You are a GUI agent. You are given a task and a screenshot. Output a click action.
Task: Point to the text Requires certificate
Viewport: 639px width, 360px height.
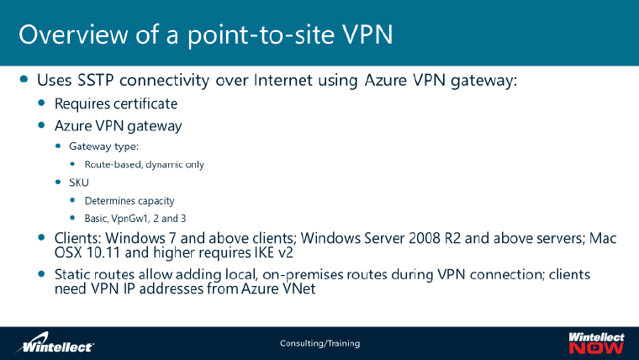(116, 104)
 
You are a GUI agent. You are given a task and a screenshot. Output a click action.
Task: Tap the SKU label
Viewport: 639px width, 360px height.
(79, 183)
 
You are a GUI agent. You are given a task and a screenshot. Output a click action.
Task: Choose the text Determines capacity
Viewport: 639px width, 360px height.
(129, 200)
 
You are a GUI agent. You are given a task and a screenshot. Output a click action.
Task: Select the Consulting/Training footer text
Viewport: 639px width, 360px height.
(319, 343)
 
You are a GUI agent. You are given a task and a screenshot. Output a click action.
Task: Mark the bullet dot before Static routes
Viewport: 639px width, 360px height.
(43, 275)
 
